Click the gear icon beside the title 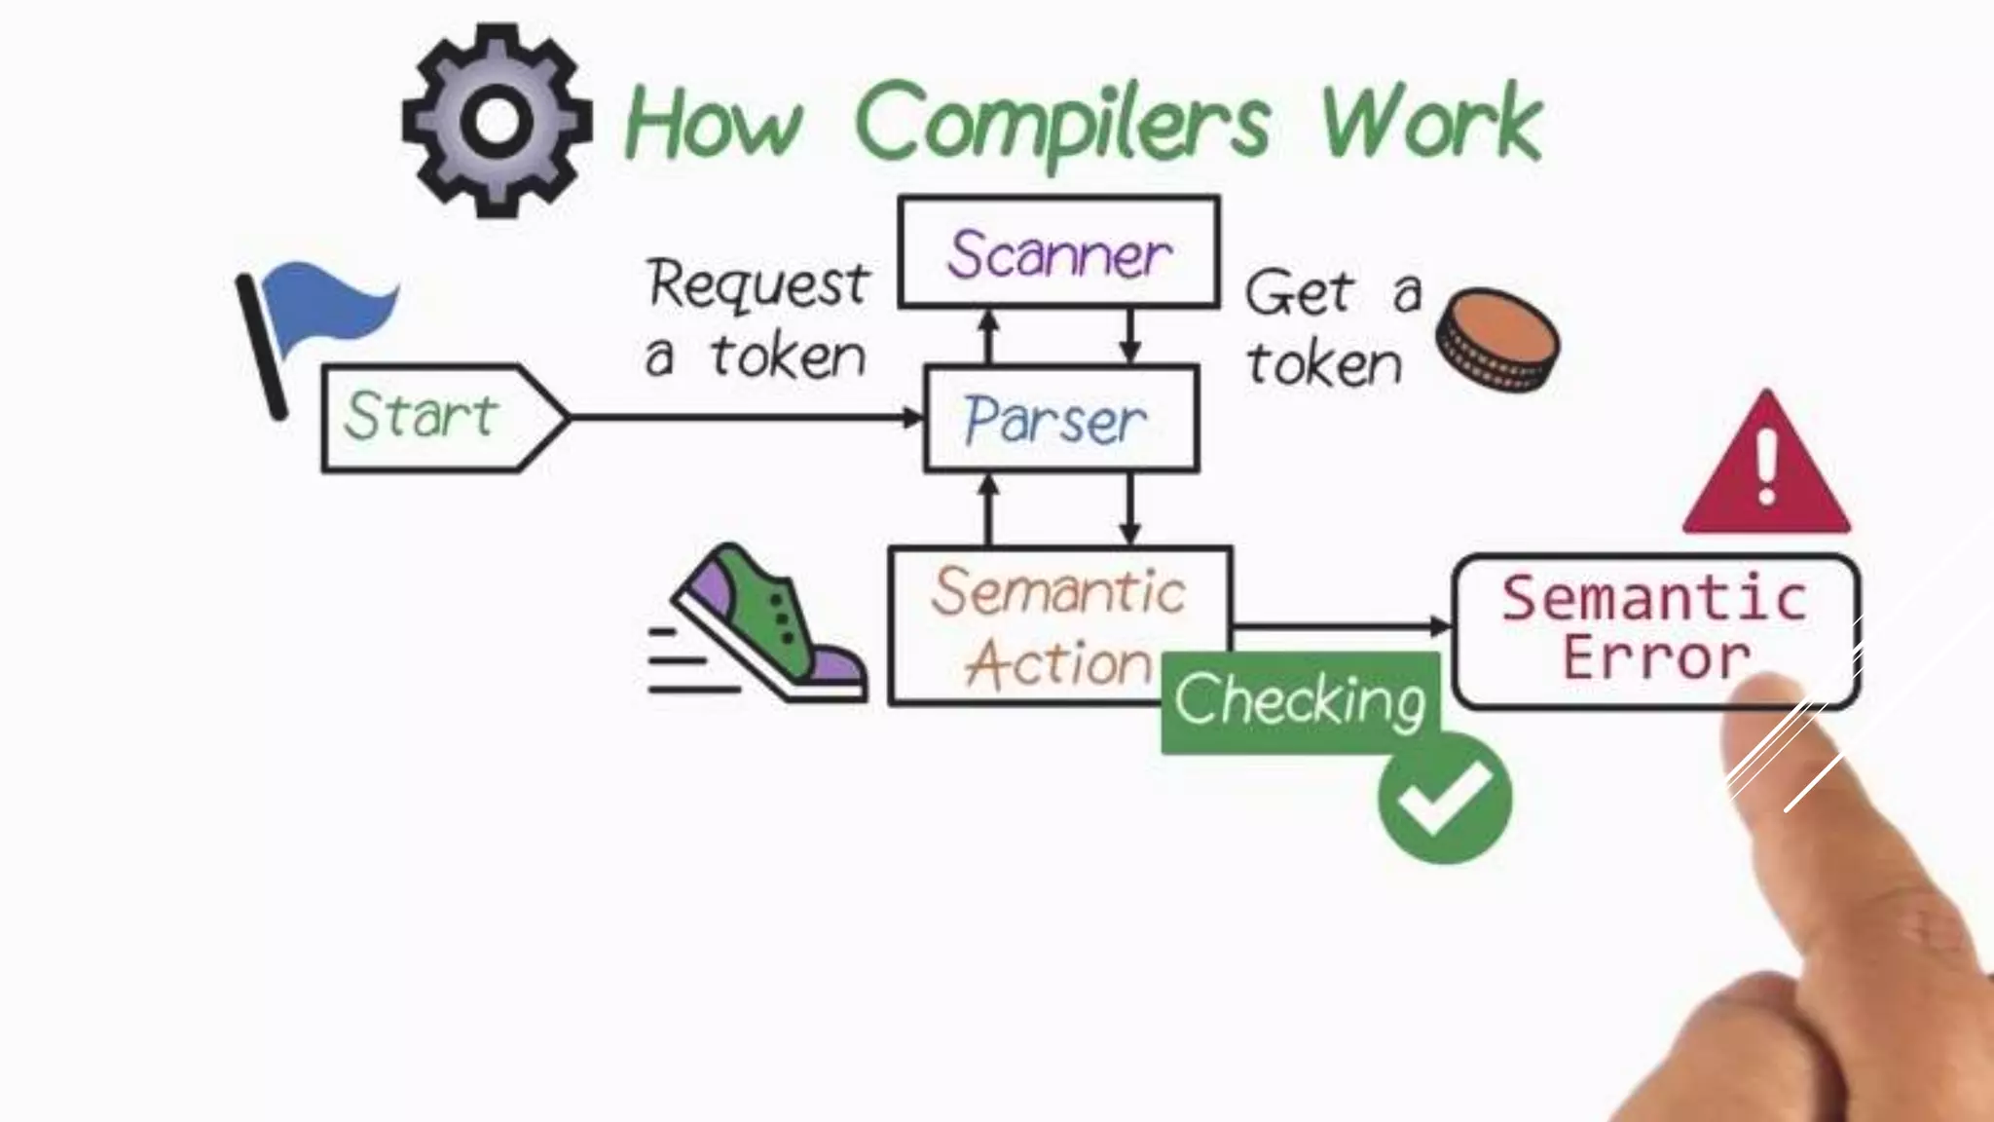(x=497, y=121)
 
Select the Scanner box (x=1058, y=253)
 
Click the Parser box (x=1060, y=419)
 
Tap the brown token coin (x=1496, y=339)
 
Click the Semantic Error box (x=1655, y=629)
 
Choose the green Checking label (x=1300, y=700)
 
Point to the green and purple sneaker (x=769, y=623)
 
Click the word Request (x=757, y=283)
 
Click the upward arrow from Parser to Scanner (x=988, y=337)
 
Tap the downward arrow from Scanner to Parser (x=1129, y=337)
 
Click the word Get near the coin (x=1299, y=292)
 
